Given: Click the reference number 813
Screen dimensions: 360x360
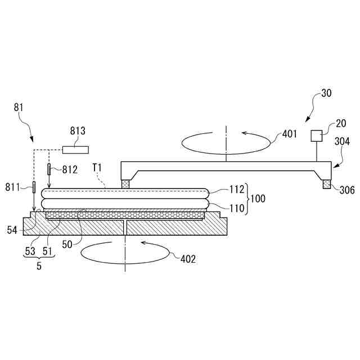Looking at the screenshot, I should pos(78,131).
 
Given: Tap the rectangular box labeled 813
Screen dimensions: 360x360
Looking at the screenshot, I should pos(76,149).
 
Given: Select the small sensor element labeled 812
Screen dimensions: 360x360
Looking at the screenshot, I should pos(49,169).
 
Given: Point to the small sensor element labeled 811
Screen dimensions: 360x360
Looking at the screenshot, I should pos(34,187).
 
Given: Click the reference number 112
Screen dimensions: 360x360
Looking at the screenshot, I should pos(237,190).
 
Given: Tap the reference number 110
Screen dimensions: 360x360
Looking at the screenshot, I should pos(237,208).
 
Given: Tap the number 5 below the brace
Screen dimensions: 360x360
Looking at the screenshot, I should pos(39,265).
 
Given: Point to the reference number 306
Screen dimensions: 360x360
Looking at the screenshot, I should pos(346,190).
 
